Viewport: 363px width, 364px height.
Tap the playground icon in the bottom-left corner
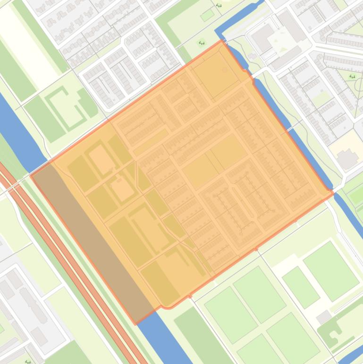(28, 361)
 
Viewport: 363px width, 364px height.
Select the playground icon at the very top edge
(219, 6)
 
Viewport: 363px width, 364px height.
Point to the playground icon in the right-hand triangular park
(352, 76)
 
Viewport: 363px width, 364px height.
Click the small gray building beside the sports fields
(323, 317)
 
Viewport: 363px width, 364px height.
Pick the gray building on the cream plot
(348, 159)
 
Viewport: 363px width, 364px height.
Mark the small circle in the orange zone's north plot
(225, 70)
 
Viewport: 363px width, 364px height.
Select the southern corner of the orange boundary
(136, 324)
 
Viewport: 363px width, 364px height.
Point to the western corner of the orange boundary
(31, 175)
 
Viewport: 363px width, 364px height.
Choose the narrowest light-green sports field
(301, 286)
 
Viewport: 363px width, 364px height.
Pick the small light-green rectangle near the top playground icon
(207, 16)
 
